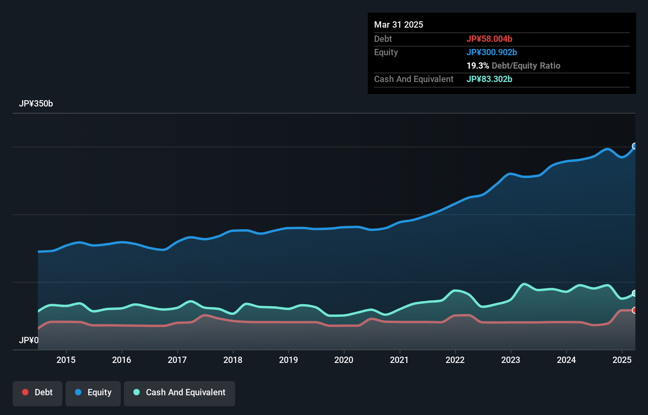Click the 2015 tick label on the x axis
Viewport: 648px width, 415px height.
[66, 360]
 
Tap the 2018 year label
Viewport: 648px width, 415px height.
[233, 360]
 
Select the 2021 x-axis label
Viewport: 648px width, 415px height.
[399, 360]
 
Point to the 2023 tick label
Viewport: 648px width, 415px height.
[511, 360]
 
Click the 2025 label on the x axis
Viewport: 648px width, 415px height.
[622, 360]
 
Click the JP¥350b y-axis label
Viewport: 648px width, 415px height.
[36, 104]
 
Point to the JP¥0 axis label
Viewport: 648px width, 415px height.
[29, 340]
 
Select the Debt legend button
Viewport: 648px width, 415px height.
[37, 393]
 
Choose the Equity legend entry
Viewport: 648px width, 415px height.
[93, 393]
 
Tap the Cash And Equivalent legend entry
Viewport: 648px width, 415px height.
[180, 393]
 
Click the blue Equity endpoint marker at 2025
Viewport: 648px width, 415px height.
[635, 146]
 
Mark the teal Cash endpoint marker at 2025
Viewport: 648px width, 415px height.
[635, 293]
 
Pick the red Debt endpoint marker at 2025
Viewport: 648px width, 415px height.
[635, 310]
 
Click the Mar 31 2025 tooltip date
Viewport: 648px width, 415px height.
[399, 25]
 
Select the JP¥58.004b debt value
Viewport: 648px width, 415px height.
[489, 39]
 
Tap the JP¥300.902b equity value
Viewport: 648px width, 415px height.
[492, 52]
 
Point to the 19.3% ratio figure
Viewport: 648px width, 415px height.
[478, 66]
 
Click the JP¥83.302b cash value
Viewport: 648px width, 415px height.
[489, 79]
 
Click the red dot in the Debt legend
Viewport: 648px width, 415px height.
[25, 392]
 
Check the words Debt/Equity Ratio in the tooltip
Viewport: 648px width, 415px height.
[526, 66]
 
